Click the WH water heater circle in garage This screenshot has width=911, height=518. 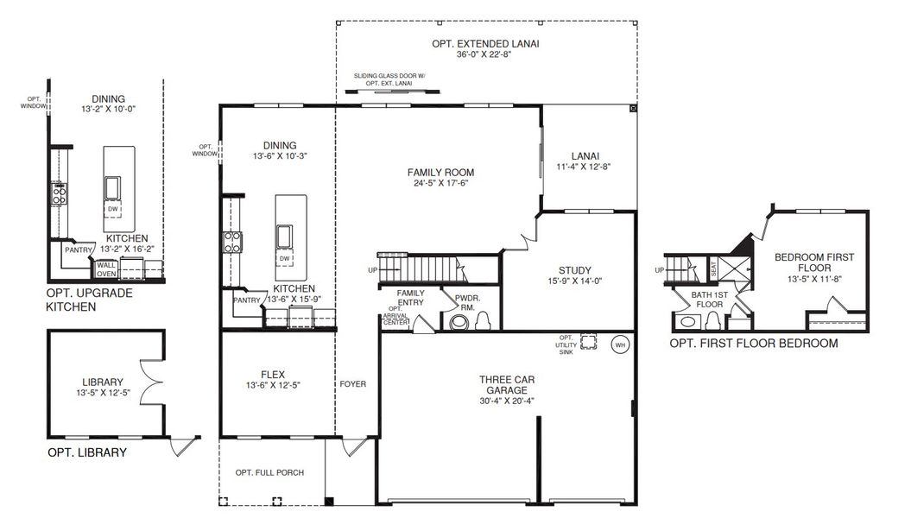pos(620,345)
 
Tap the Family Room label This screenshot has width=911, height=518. pos(440,173)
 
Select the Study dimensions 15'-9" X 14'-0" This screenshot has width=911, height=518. pos(574,281)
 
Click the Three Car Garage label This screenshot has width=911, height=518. pos(507,385)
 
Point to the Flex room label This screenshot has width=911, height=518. pos(273,375)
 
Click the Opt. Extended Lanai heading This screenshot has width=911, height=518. pos(485,43)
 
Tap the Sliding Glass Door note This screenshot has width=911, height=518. pos(389,79)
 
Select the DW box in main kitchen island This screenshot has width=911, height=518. pos(284,258)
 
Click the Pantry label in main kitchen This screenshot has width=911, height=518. pos(247,300)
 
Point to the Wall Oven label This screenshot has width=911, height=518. pos(106,269)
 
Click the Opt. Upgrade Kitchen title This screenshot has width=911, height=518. pos(90,300)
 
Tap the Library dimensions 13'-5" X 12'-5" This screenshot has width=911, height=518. pos(103,393)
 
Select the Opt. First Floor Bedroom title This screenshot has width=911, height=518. pos(754,344)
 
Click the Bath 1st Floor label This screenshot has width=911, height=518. pos(710,300)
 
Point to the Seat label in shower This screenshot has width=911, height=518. pos(714,268)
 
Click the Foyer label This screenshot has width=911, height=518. pos(353,384)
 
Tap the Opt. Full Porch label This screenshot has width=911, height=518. pos(269,473)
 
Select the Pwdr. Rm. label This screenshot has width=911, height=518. pos(468,302)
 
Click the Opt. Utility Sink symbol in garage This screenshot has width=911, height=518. pos(589,342)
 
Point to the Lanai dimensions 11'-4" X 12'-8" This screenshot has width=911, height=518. pos(584,167)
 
